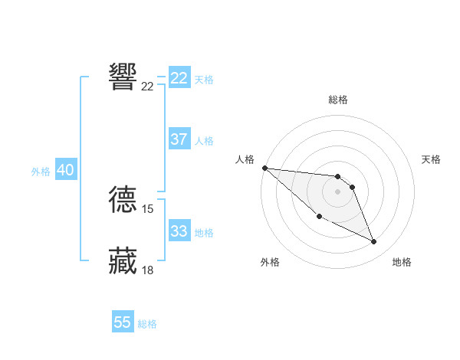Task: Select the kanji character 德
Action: [x=123, y=198]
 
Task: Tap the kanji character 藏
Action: [x=123, y=260]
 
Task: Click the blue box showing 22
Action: [x=179, y=78]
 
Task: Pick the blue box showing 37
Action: [x=179, y=139]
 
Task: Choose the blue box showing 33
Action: [x=179, y=231]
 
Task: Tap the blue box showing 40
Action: [x=65, y=170]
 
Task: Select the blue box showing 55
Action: [x=123, y=322]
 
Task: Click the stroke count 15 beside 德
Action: [x=148, y=208]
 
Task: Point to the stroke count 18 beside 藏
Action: [x=148, y=270]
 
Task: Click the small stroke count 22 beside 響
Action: [x=148, y=86]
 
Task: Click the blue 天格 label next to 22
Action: [x=204, y=80]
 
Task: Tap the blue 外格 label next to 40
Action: [x=41, y=172]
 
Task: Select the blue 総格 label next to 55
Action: [x=147, y=324]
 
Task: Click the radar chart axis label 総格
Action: [x=338, y=100]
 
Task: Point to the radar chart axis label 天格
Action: [x=432, y=159]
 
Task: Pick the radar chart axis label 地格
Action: [x=402, y=262]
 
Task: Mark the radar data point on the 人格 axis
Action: [x=264, y=168]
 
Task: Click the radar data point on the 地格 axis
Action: [x=374, y=242]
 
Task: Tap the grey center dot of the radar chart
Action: [x=338, y=191]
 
